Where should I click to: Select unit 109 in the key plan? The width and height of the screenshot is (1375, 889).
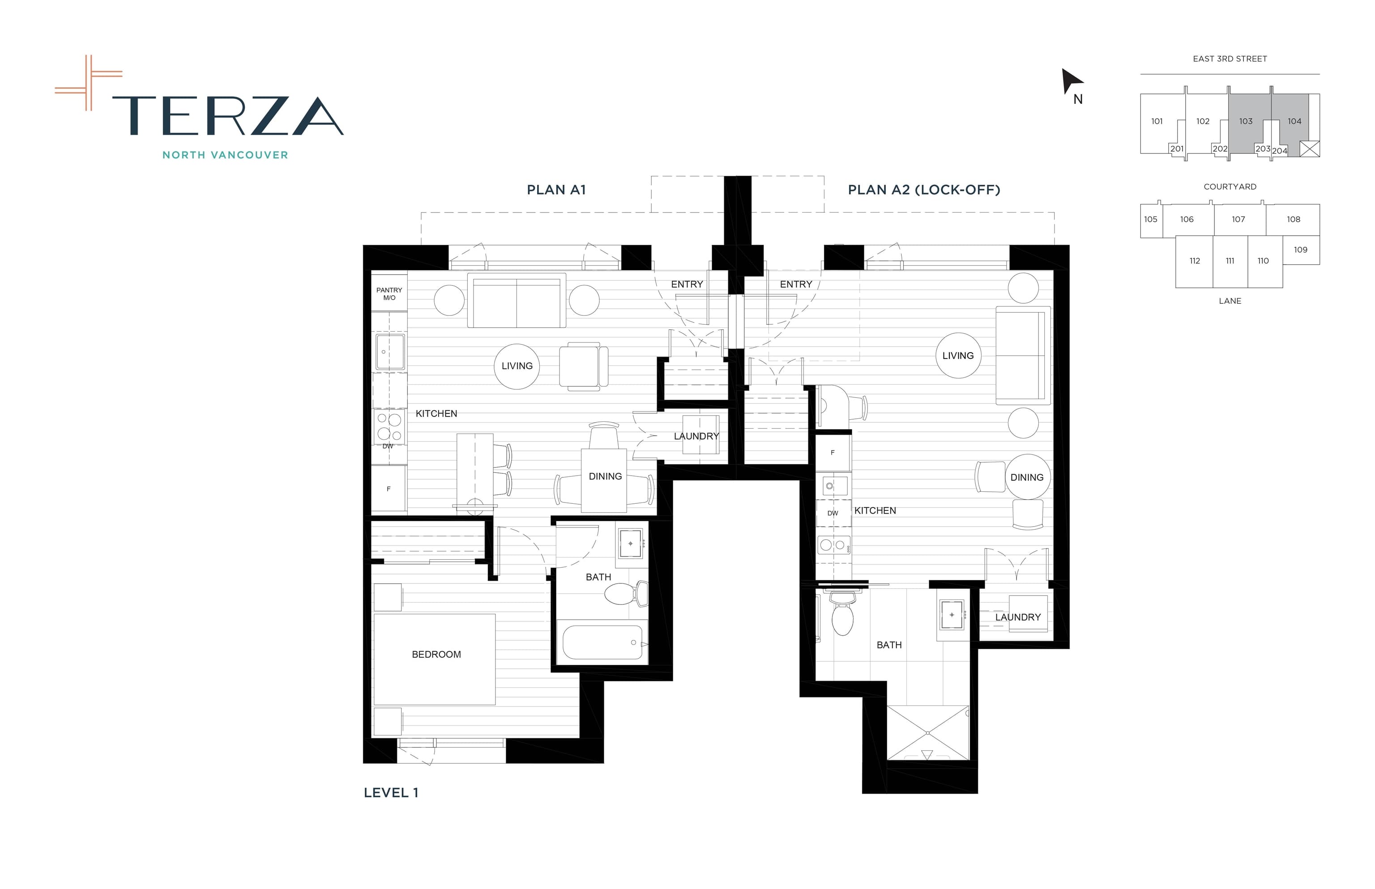click(1301, 249)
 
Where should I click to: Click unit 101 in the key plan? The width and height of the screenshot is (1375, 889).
click(1157, 121)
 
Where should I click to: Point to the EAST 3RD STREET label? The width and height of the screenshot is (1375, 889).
click(1230, 59)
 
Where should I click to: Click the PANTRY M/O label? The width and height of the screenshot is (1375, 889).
click(389, 294)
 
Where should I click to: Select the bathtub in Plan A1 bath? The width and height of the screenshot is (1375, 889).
click(602, 642)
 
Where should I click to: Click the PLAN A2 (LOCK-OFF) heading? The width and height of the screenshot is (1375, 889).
click(923, 190)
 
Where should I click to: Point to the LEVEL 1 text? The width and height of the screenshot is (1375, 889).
click(391, 793)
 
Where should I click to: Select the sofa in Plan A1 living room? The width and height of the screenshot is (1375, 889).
click(516, 301)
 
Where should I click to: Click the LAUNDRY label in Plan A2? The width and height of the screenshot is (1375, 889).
click(1017, 617)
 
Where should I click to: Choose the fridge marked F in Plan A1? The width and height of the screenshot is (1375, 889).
click(389, 489)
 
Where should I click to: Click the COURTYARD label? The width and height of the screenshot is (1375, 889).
click(1230, 187)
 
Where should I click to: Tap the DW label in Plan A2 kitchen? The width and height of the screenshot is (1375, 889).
click(832, 513)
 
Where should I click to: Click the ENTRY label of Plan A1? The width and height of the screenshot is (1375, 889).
click(687, 284)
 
